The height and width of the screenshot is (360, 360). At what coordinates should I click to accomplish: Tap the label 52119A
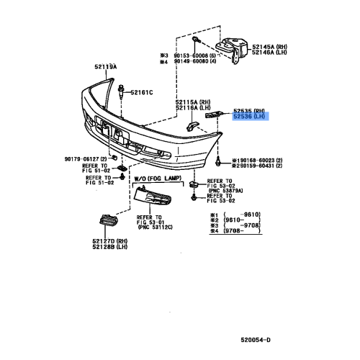pyautogui.click(x=104, y=66)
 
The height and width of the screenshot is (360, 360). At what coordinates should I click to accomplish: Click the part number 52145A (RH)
pyautogui.click(x=269, y=46)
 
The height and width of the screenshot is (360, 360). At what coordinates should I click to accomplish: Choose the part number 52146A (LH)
pyautogui.click(x=269, y=53)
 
